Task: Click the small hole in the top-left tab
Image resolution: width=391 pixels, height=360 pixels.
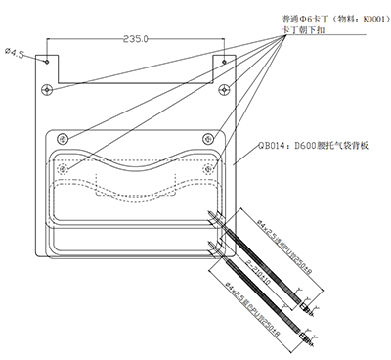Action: (x=47, y=60)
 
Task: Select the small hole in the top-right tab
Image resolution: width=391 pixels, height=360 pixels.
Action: (x=225, y=60)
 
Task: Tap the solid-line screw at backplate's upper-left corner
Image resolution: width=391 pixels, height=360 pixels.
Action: (x=62, y=135)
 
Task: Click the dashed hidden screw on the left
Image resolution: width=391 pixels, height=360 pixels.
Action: (x=65, y=168)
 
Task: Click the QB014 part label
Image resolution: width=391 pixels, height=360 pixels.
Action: (x=268, y=145)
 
